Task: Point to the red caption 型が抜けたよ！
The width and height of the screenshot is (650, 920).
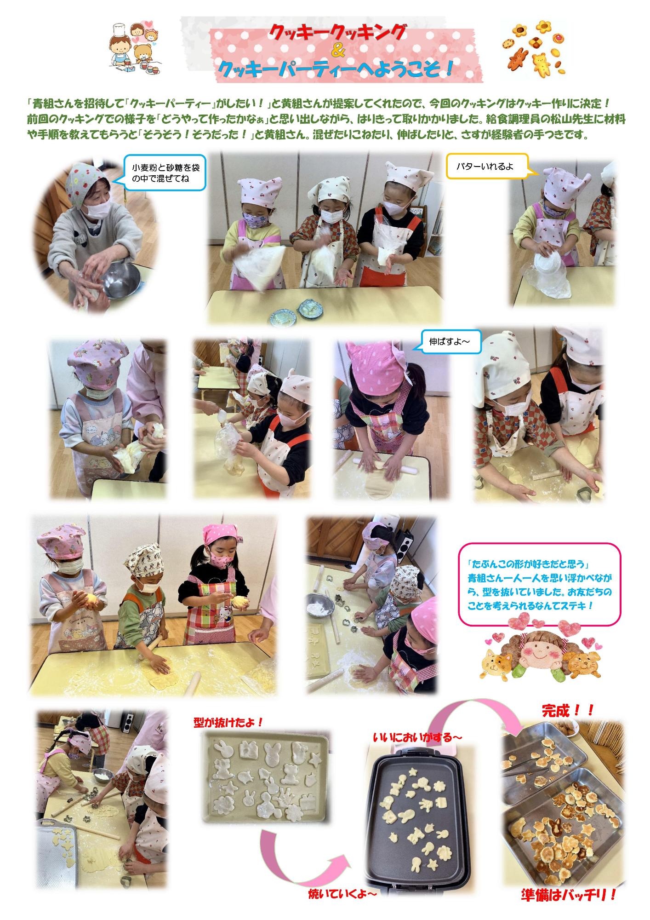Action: [229, 722]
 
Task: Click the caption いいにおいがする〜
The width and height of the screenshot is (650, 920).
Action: [417, 737]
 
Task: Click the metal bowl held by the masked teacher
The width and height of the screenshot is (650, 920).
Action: [122, 280]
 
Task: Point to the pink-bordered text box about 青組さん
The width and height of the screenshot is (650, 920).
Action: [540, 584]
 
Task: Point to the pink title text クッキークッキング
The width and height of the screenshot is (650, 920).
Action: [338, 32]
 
